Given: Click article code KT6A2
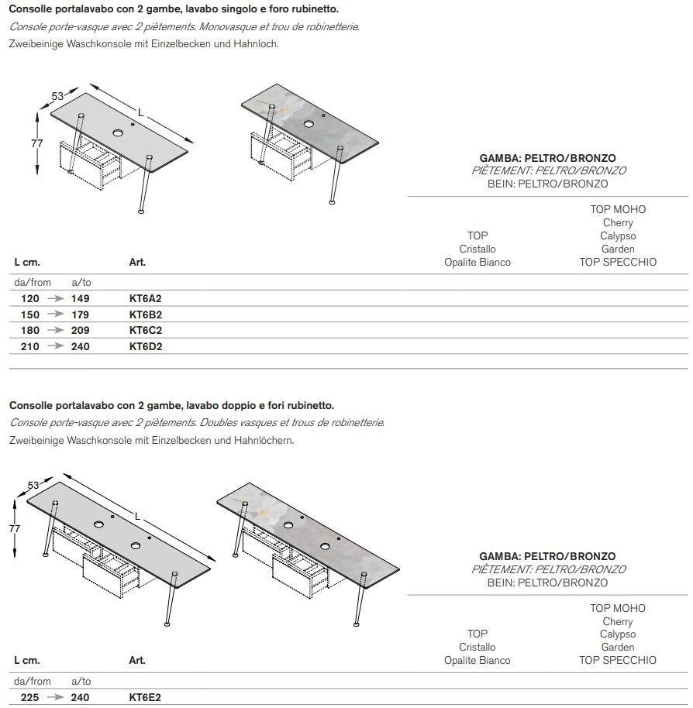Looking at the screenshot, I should click(x=145, y=298).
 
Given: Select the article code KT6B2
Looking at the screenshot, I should click(x=145, y=314).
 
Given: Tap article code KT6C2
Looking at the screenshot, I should click(x=145, y=330).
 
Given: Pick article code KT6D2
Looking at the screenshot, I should click(x=145, y=346).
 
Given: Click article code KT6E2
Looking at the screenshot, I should click(x=145, y=697).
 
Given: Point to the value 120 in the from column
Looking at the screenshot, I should click(x=30, y=298).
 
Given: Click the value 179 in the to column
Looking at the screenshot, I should click(x=80, y=314).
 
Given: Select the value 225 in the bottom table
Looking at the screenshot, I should click(x=30, y=697).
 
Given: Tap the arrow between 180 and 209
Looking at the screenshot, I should click(x=55, y=330).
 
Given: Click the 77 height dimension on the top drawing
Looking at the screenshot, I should click(x=36, y=143).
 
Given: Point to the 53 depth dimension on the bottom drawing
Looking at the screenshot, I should click(x=33, y=486).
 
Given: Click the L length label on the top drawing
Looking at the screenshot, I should click(x=140, y=113).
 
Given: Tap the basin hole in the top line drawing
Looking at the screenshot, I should click(x=118, y=133).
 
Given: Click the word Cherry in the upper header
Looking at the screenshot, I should click(x=618, y=223).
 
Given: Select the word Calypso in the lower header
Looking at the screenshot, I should click(x=618, y=634).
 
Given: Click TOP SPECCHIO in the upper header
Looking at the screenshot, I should click(x=618, y=262).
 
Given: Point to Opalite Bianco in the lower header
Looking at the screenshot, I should click(x=478, y=661).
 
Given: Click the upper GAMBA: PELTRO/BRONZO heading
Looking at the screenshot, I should click(x=547, y=157).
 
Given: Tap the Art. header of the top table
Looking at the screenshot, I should click(x=137, y=263).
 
